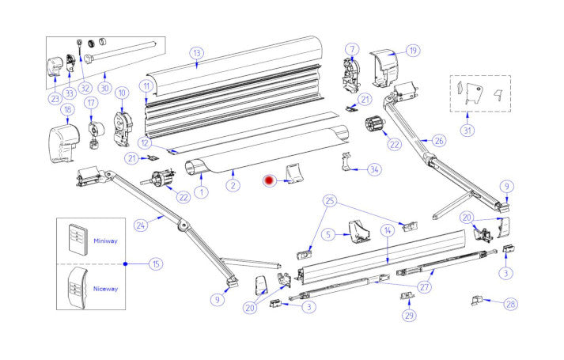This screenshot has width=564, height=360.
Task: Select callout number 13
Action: coord(196,53)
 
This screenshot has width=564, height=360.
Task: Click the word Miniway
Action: coord(105,241)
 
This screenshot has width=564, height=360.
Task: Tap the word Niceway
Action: coord(105,289)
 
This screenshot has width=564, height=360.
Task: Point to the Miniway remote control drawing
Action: coord(77,237)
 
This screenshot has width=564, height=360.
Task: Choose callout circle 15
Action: coord(156,263)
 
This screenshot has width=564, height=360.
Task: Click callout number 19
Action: coord(412,51)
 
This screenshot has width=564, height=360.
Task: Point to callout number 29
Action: coord(409,316)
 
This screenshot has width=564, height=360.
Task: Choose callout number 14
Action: coord(387,230)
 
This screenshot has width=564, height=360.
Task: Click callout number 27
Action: coord(425,287)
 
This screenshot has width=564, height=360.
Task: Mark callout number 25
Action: coord(330,201)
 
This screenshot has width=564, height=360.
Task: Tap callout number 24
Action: coord(141,225)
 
